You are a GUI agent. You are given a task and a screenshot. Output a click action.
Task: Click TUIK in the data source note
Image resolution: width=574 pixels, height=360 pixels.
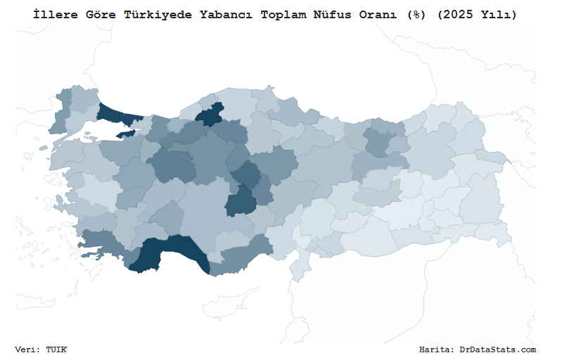pos(56,349)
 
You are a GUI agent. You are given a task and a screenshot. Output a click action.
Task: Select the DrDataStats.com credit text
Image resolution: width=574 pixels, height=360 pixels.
pos(497,349)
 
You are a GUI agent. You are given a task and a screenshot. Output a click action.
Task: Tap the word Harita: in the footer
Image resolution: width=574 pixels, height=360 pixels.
pos(437,349)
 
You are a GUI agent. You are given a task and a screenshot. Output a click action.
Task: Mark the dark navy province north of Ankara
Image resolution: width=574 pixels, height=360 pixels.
pos(210,116)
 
